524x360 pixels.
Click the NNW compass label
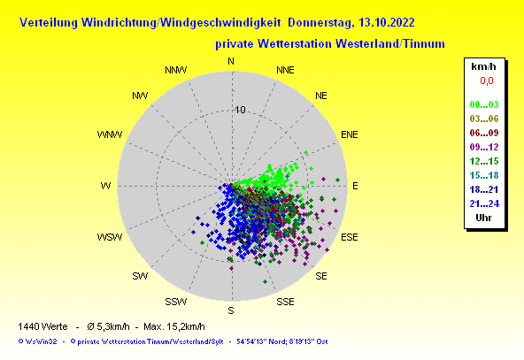[176, 70]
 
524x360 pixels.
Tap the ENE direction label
[350, 134]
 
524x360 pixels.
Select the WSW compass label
[110, 237]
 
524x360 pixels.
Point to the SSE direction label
[285, 302]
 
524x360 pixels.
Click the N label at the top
[231, 61]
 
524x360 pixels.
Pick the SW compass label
[140, 276]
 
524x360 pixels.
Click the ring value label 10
[240, 110]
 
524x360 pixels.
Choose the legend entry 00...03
[484, 104]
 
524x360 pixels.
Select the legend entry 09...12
[484, 147]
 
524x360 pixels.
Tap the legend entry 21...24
[484, 203]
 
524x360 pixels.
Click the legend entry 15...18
[484, 175]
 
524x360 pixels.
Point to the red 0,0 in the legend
[487, 80]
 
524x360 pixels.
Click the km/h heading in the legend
[483, 66]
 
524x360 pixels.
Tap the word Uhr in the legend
[483, 218]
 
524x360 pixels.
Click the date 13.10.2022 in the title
[386, 23]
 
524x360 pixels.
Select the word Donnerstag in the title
[320, 23]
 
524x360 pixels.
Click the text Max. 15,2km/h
[174, 326]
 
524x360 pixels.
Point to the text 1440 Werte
[42, 326]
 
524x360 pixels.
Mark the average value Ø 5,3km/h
[108, 326]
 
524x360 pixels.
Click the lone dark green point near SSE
[265, 282]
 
